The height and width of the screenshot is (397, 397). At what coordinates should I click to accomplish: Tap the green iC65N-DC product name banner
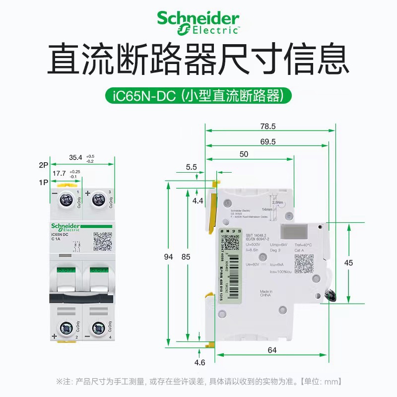point(198,96)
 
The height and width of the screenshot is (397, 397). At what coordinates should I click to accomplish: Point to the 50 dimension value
point(243,154)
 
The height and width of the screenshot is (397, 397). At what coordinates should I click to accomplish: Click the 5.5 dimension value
point(192,167)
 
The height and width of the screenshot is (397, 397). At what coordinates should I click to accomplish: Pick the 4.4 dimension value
point(198,201)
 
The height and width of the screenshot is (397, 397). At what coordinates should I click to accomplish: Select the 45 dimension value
point(348,263)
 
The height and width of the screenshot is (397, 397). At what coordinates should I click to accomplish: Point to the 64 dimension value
point(272,350)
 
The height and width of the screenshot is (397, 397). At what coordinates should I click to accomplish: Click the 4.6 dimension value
point(199,362)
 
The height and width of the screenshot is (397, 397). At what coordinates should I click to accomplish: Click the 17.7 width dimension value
point(60,173)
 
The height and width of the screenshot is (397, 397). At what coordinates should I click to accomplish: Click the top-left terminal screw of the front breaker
point(66,200)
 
